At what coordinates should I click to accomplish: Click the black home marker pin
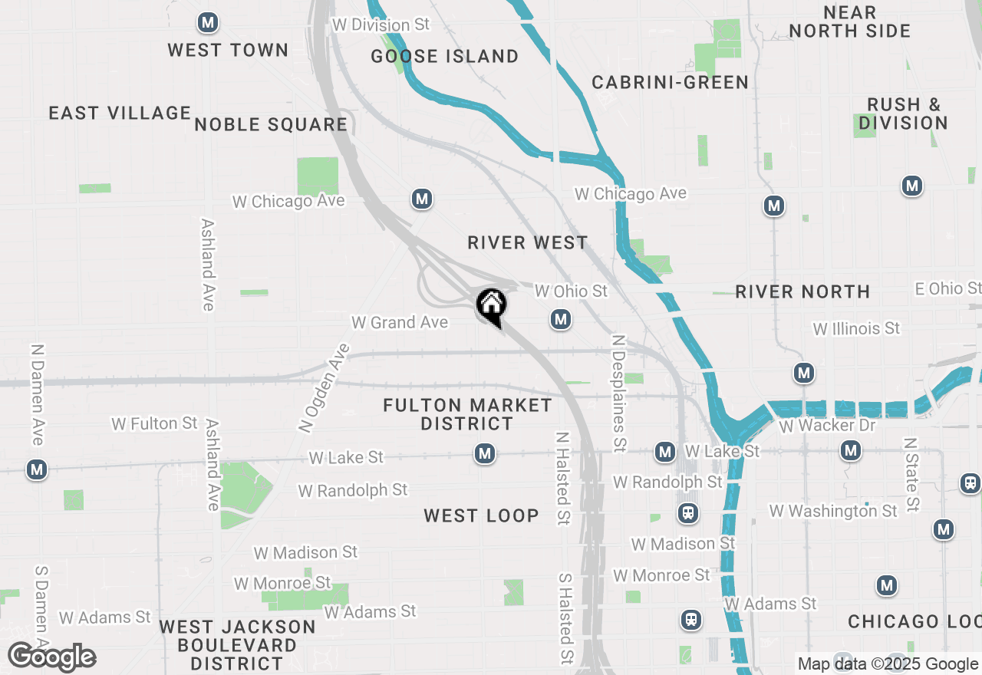[x=491, y=305]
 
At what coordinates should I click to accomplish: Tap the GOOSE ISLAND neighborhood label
[x=444, y=56]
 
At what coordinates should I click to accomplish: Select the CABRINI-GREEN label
[x=670, y=82]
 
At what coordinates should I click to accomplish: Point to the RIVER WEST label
[x=527, y=242]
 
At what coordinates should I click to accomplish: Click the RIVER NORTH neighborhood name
[x=802, y=291]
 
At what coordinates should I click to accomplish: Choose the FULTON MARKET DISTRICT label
[x=467, y=414]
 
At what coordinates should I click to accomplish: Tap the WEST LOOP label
[x=481, y=515]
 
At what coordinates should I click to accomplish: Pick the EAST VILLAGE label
[x=120, y=113]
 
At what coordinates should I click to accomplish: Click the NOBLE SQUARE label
[x=271, y=124]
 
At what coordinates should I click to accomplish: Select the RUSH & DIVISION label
[x=903, y=114]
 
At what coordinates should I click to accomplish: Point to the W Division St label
[x=381, y=25]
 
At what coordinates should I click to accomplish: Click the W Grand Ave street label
[x=400, y=322]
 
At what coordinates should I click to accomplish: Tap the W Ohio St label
[x=571, y=291]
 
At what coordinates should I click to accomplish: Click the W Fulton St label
[x=154, y=423]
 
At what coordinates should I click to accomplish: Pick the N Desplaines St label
[x=618, y=391]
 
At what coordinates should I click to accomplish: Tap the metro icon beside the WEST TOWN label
[x=207, y=23]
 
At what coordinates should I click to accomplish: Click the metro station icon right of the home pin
[x=561, y=319]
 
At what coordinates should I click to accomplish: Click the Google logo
[x=51, y=657]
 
